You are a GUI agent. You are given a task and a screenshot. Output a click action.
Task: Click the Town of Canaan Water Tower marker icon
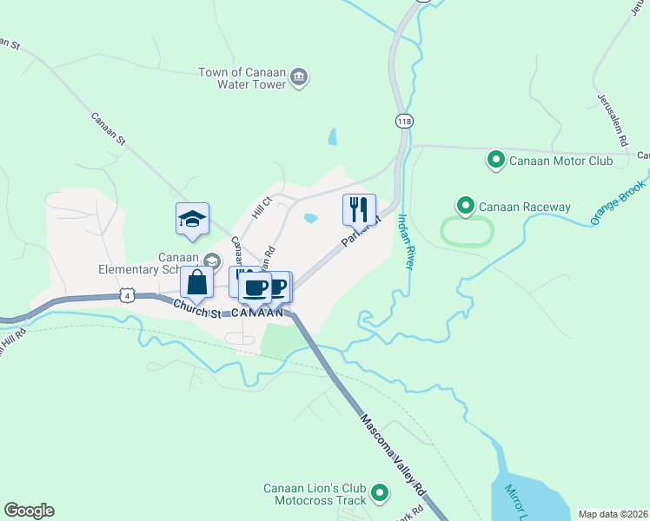coord(299,77)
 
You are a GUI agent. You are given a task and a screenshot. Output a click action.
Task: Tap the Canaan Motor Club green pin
coord(495,160)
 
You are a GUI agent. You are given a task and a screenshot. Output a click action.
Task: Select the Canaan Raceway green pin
coord(465,207)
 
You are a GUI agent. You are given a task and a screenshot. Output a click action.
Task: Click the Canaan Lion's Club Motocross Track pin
coord(379,494)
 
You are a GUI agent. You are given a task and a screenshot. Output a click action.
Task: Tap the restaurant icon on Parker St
coord(359,209)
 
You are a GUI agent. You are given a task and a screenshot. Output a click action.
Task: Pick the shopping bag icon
coord(197,281)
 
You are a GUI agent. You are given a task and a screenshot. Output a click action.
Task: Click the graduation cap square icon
coord(193,219)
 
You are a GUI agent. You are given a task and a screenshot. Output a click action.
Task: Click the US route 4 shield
coord(128,295)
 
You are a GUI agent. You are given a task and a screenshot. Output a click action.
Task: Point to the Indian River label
coord(404,241)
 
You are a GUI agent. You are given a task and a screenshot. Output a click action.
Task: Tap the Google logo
coord(29,511)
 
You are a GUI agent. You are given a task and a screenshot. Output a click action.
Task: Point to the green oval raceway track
coord(468,232)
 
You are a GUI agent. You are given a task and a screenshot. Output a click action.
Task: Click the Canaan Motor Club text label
coord(560,161)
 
